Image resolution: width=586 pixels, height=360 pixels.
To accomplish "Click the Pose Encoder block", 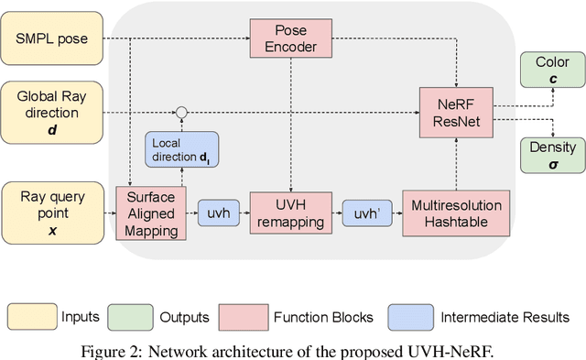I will [289, 38].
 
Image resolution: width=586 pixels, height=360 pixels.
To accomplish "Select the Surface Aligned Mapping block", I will [150, 213].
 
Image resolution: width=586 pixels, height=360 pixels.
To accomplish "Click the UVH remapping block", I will [289, 213].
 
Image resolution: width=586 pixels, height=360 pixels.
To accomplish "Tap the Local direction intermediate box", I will [181, 150].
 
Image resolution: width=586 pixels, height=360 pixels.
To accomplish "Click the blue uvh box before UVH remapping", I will [219, 213].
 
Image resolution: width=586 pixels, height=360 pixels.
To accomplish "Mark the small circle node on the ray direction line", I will [181, 113].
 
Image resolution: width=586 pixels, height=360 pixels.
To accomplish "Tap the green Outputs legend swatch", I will [131, 316].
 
